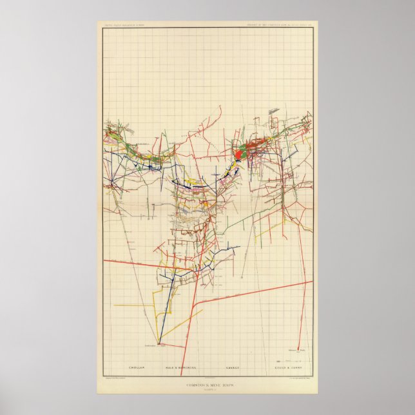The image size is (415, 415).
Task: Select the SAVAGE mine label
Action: [x=232, y=367]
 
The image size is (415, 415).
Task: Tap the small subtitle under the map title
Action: [x=207, y=391]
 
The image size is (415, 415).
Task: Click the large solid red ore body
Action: [x=238, y=154]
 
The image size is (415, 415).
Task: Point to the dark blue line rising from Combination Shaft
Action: [x=169, y=303]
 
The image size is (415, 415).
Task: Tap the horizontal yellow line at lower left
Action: [x=132, y=304]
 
